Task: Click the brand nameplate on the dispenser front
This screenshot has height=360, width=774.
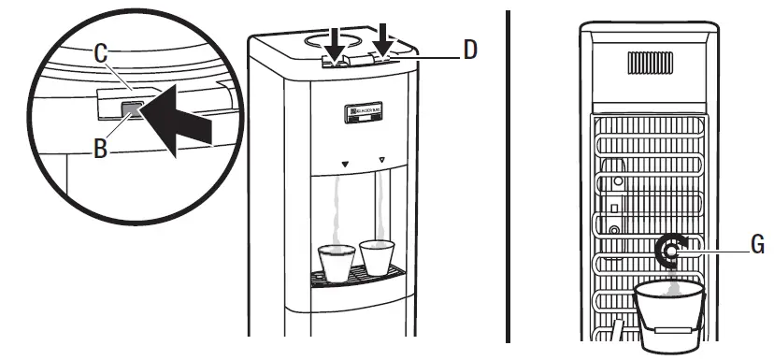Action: point(359,115)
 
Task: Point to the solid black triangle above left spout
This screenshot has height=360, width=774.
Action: point(345,164)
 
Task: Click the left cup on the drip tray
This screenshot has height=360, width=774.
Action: point(337,261)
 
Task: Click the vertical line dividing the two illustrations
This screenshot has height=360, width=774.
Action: point(509,178)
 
